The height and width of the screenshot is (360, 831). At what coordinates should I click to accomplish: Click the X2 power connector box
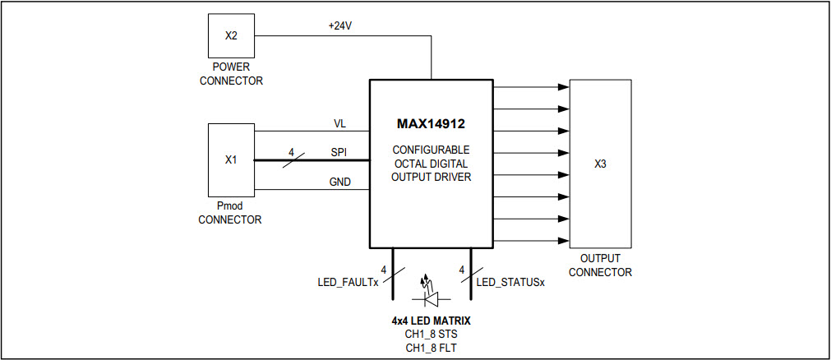click(x=230, y=37)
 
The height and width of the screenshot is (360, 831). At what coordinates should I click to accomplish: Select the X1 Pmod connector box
click(x=231, y=159)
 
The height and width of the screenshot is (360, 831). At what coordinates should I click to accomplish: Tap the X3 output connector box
click(x=600, y=164)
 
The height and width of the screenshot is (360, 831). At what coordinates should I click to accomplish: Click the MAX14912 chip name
click(x=431, y=125)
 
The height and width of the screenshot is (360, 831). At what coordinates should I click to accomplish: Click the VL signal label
click(x=339, y=123)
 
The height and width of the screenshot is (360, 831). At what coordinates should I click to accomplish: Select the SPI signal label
click(x=339, y=152)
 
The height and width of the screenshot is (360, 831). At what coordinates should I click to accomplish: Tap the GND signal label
click(x=340, y=182)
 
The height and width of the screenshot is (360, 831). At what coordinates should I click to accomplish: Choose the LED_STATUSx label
click(x=510, y=282)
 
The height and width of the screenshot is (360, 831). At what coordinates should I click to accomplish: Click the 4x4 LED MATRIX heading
click(x=431, y=320)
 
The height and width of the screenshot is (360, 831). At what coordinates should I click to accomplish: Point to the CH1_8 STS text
click(x=431, y=334)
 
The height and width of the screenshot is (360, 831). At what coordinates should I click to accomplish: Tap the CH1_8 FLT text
click(x=431, y=348)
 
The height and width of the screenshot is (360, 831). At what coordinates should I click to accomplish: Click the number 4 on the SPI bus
click(x=291, y=152)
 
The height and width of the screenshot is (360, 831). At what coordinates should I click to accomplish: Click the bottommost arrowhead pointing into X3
click(x=563, y=241)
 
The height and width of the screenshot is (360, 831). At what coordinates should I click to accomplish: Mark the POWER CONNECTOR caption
click(x=231, y=74)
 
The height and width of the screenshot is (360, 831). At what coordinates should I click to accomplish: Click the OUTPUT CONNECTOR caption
click(x=600, y=265)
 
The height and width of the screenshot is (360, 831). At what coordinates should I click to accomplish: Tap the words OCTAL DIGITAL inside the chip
click(x=431, y=164)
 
